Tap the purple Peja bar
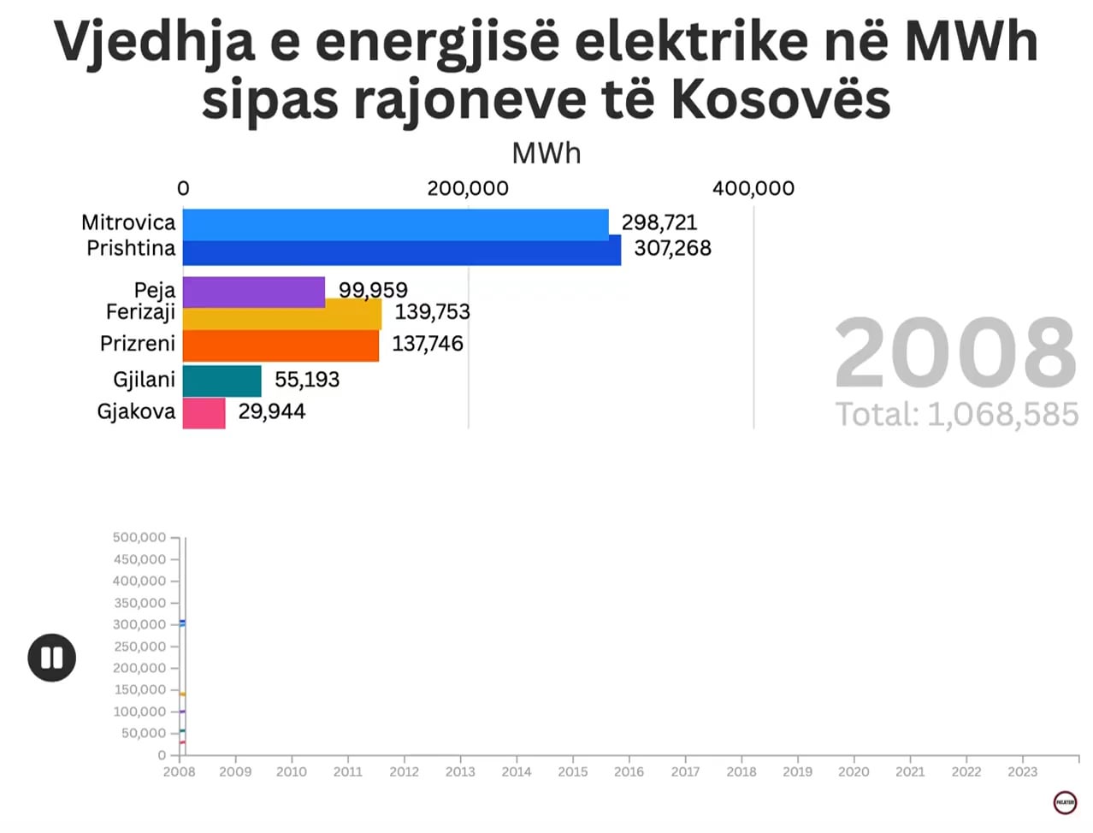[x=253, y=291]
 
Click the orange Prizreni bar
[x=281, y=346]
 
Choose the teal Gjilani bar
[x=222, y=381]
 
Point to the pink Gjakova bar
[x=204, y=413]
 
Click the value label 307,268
[x=672, y=249]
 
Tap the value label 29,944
[x=271, y=411]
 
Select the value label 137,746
[x=427, y=344]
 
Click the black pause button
[x=52, y=658]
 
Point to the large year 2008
[x=955, y=353]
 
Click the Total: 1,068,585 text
[x=956, y=415]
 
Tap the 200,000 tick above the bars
[x=468, y=188]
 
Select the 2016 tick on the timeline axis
[x=629, y=771]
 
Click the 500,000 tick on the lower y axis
[x=139, y=537]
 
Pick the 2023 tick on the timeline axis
[x=1022, y=771]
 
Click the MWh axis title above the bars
[x=546, y=153]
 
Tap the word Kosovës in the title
[x=780, y=100]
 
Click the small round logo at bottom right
[x=1065, y=802]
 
